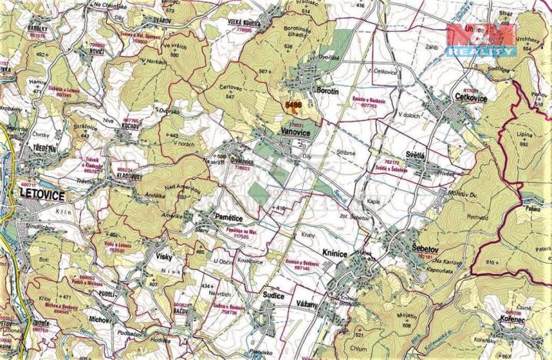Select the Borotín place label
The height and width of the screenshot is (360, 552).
[332, 91]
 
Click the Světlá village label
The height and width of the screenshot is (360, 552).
[408, 153]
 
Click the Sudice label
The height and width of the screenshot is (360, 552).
[271, 295]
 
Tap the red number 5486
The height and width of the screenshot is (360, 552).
[293, 104]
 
